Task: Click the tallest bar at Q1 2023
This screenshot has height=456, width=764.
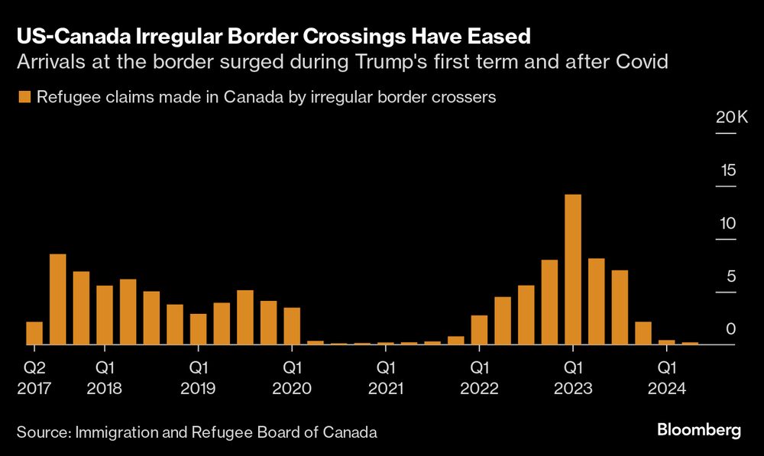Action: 573,269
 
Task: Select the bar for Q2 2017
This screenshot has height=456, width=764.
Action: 34,333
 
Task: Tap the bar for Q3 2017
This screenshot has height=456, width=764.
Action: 57,299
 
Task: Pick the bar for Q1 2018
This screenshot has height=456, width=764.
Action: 105,315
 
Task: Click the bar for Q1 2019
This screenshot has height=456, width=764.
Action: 199,329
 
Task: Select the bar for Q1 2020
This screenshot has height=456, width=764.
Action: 292,326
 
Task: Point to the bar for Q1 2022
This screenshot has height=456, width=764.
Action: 479,329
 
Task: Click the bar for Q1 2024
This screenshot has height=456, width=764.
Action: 666,342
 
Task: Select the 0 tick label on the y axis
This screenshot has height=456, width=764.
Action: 730,329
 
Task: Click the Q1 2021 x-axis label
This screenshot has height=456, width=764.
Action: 386,377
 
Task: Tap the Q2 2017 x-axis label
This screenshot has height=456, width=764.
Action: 34,377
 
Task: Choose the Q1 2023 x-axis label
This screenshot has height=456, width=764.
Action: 573,377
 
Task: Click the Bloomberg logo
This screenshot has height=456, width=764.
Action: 698,431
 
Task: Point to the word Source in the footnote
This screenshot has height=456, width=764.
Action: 43,432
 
